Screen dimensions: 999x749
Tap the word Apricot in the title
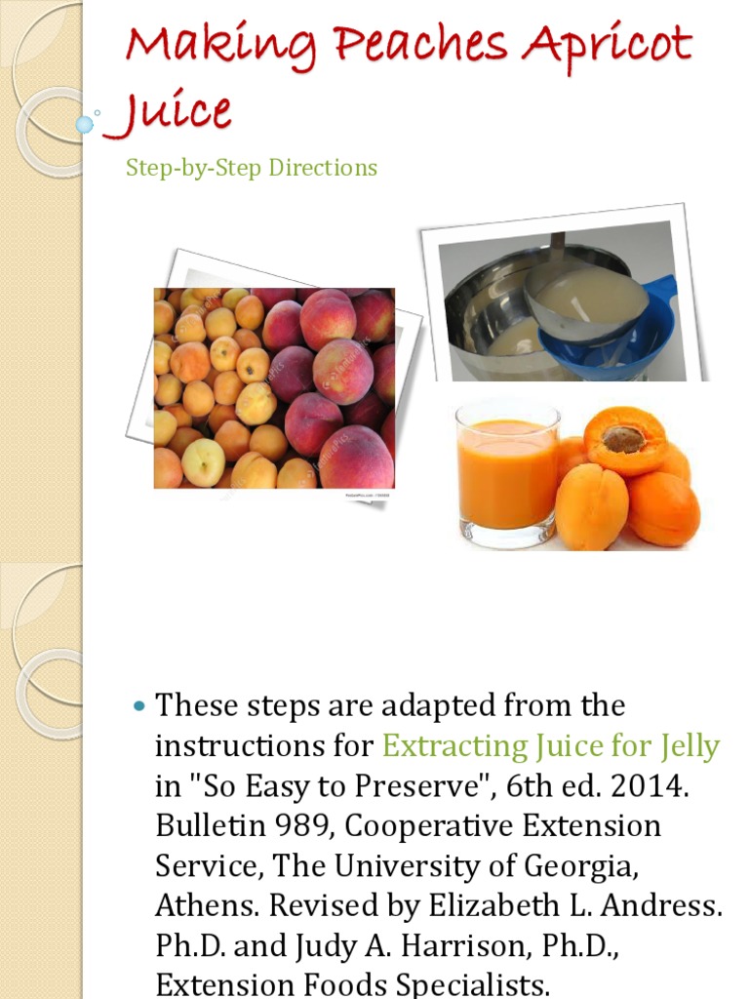point(612,46)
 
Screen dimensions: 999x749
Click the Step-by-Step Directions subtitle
point(252,168)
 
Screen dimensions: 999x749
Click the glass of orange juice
point(507,473)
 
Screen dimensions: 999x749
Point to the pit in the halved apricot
point(623,438)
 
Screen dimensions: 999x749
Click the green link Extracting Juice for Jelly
point(550,746)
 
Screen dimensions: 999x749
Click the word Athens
point(208,906)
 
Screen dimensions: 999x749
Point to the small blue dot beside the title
point(85,124)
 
